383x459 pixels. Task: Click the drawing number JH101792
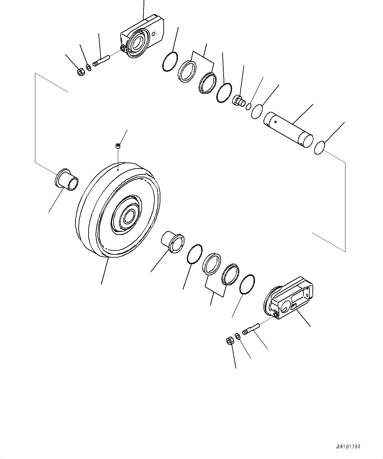click(348, 446)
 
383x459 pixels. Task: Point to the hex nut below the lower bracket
click(230, 341)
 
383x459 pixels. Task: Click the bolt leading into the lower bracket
click(251, 328)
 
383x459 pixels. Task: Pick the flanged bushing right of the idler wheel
click(172, 242)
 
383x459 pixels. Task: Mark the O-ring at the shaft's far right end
click(320, 148)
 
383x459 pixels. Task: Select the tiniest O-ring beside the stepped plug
click(249, 107)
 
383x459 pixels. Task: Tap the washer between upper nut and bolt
click(89, 67)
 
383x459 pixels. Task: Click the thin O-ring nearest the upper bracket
click(170, 62)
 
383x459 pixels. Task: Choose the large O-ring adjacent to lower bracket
click(247, 284)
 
